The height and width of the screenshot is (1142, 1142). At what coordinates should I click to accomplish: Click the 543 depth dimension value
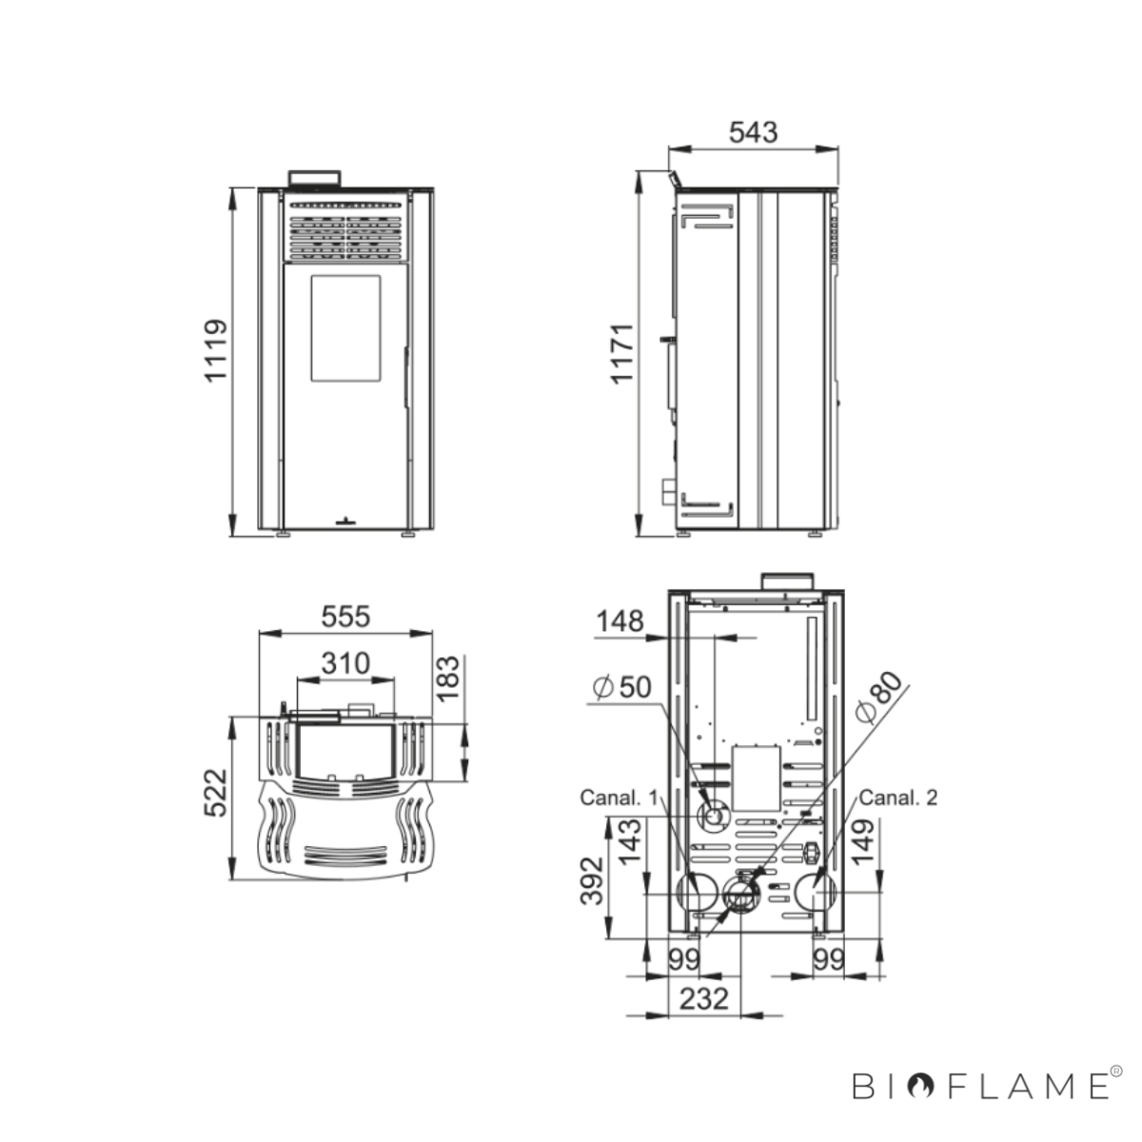[x=753, y=132]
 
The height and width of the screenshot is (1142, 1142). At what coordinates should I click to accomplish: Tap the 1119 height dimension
[x=215, y=351]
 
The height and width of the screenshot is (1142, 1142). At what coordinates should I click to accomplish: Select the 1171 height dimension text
[x=622, y=354]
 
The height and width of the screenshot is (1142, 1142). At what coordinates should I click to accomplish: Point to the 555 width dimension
[x=345, y=617]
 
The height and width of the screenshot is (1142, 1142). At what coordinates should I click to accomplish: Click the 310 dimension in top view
[x=345, y=662]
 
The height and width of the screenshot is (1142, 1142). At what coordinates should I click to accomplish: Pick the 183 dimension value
[x=448, y=679]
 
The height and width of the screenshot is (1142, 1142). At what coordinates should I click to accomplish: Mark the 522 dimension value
[x=215, y=793]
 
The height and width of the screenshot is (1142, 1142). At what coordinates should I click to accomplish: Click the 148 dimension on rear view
[x=620, y=621]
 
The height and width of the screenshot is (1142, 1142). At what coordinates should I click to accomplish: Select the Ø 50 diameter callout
[x=622, y=687]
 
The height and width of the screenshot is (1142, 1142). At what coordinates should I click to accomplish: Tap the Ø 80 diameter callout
[x=879, y=698]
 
